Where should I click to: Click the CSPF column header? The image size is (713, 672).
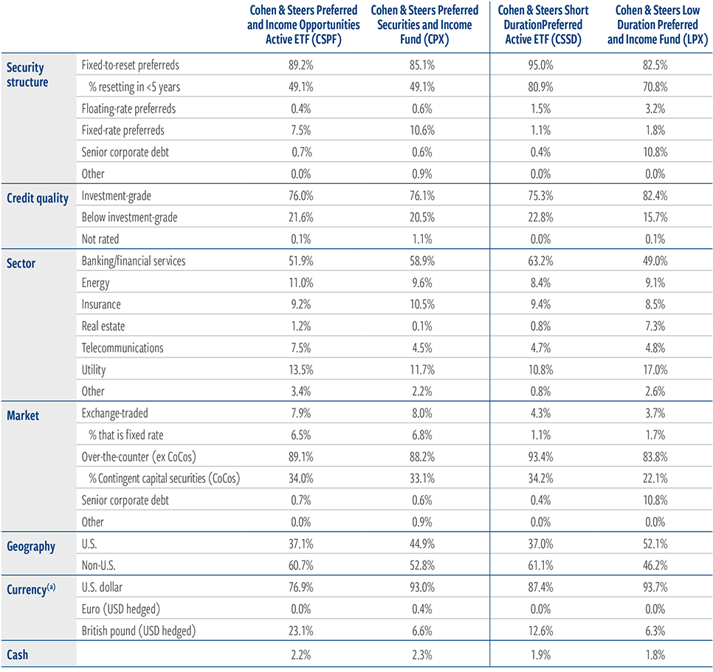(x=303, y=25)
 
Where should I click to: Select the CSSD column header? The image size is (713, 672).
(x=543, y=25)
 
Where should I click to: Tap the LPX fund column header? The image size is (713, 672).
(x=658, y=25)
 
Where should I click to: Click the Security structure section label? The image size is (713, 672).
(x=27, y=75)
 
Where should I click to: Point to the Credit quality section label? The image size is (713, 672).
(x=38, y=199)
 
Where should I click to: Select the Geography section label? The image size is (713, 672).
(x=31, y=546)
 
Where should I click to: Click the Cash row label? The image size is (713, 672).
(x=17, y=655)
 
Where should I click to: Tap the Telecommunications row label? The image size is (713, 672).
(x=123, y=348)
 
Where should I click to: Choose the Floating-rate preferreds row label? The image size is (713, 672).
(x=128, y=109)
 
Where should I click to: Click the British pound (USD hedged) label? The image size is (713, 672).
(x=139, y=631)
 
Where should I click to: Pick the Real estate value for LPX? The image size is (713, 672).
(x=655, y=326)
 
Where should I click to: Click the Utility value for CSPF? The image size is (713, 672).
(x=301, y=370)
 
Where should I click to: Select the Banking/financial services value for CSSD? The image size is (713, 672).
(x=541, y=261)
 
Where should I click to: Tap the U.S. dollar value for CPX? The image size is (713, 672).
(x=422, y=587)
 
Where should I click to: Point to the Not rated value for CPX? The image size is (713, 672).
(x=422, y=239)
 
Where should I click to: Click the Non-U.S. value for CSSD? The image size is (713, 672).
(x=541, y=566)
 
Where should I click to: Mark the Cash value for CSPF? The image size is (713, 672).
(x=301, y=655)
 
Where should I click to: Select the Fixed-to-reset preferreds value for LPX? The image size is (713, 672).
(x=655, y=65)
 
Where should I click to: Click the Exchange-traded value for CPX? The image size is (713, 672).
(x=422, y=414)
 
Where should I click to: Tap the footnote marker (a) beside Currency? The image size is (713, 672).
(x=52, y=586)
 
